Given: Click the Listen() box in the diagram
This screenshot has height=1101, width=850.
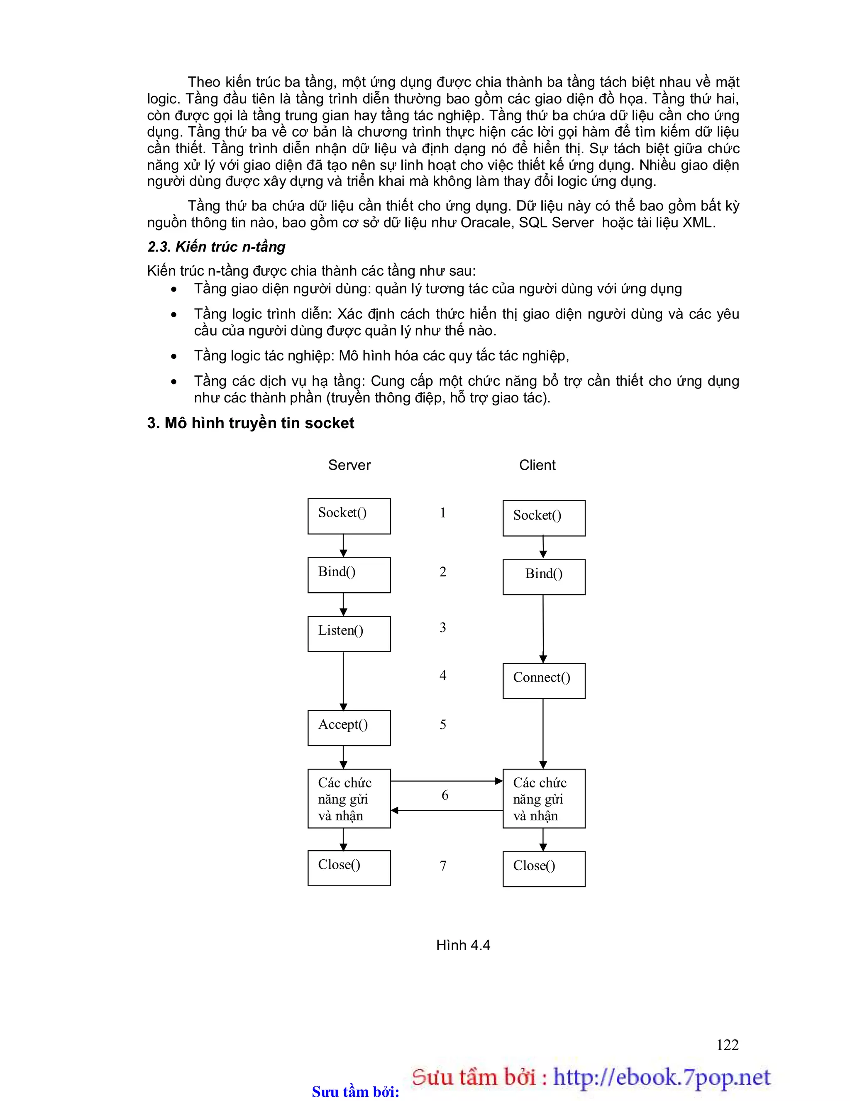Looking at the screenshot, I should click(349, 633).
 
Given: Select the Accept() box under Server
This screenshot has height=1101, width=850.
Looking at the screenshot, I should click(349, 728).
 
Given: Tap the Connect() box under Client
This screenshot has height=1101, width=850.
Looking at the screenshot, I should click(544, 681).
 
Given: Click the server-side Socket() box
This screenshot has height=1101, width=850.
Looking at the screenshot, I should click(349, 516).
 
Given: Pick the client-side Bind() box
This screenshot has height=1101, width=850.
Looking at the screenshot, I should click(544, 577).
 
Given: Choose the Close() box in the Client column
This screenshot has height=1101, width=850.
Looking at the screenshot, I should click(544, 868).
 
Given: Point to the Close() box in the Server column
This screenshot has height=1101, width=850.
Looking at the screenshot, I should click(349, 868).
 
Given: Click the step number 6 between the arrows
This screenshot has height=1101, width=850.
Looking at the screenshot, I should click(445, 795).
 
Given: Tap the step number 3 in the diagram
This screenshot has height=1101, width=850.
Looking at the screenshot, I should click(443, 628).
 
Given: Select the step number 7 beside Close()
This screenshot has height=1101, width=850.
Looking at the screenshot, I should click(443, 866).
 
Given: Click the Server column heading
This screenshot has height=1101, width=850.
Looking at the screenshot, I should click(349, 465).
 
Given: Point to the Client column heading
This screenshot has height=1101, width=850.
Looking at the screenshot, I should click(537, 465).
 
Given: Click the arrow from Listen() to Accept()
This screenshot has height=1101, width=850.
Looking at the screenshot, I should click(343, 681).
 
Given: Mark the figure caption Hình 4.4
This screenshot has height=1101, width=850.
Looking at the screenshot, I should click(463, 945).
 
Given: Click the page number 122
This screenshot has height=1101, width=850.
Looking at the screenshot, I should click(727, 1045).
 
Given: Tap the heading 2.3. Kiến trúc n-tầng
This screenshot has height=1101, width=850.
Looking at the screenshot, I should click(216, 247).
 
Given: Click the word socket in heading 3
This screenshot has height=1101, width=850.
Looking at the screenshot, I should click(330, 423).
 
